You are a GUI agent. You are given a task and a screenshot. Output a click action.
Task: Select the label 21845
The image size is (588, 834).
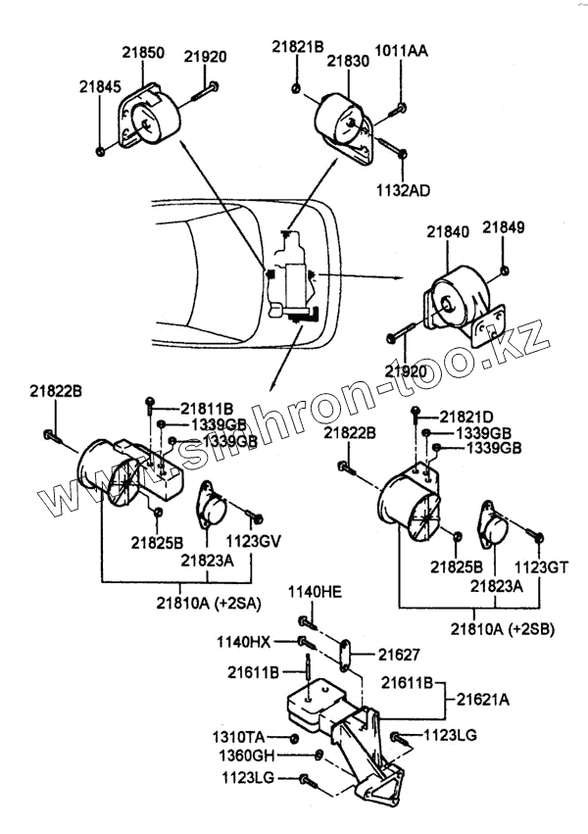click(100, 86)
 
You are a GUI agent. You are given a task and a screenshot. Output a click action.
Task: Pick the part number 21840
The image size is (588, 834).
click(447, 233)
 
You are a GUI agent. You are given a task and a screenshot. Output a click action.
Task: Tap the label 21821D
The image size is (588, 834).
click(466, 416)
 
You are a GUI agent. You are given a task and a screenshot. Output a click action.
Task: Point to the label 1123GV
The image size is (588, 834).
click(253, 540)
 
